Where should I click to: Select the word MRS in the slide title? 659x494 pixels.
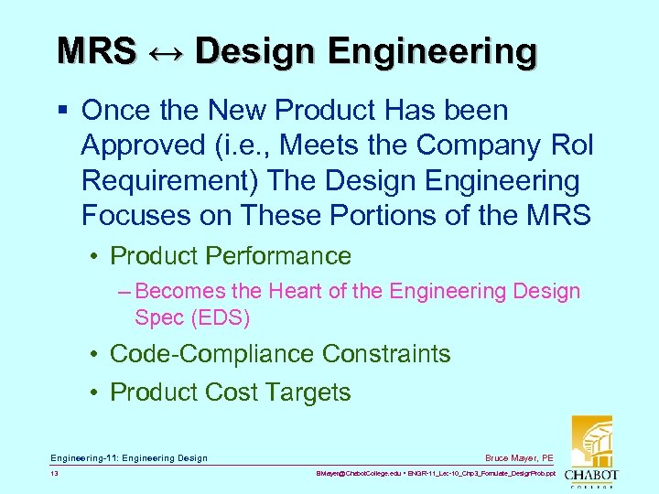pos(96,52)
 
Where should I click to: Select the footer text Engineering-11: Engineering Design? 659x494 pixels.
pos(129,457)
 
